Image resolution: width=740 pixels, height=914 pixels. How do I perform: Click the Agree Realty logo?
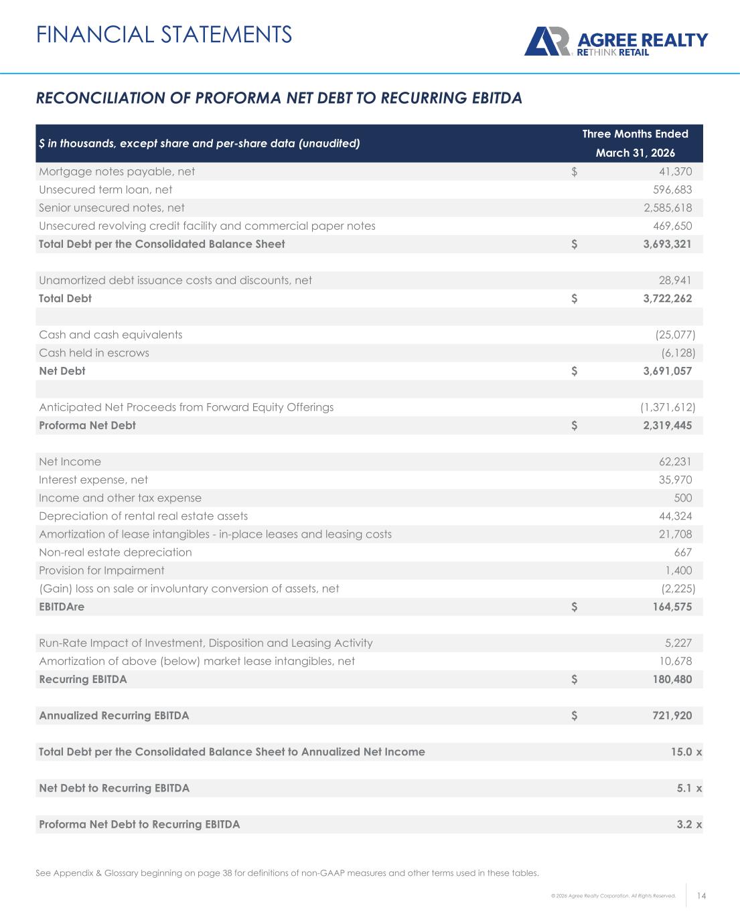pos(615,42)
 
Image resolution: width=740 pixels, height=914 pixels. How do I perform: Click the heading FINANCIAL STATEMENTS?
pos(164,34)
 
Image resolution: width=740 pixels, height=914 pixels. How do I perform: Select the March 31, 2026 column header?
pos(635,153)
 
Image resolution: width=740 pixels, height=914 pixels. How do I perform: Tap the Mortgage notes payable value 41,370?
pos(676,171)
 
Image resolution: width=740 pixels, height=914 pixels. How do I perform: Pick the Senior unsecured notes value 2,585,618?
pos(663,208)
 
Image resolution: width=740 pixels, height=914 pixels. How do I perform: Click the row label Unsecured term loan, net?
pos(105,189)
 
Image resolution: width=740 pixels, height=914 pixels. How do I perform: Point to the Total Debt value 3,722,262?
pos(663,298)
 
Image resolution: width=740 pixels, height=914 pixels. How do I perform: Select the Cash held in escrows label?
pos(94,353)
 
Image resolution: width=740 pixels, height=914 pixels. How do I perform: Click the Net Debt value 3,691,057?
pos(663,371)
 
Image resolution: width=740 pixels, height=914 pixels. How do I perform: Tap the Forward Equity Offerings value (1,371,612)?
pos(667,407)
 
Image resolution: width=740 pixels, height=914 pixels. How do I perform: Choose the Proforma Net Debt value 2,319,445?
pos(663,425)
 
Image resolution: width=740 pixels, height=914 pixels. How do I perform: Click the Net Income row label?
pos(70,461)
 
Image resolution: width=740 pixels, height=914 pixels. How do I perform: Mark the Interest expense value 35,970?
pos(676,479)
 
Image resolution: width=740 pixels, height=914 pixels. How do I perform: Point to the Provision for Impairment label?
pos(101,570)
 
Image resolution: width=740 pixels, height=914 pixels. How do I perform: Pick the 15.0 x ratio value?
pos(686,752)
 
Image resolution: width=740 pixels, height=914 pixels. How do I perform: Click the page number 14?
pos(702,896)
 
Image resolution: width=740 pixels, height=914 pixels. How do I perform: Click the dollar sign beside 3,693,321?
pos(575,244)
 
